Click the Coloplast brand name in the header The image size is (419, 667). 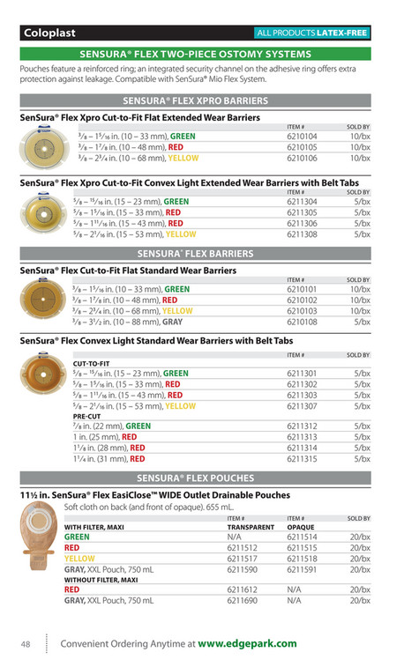(50, 33)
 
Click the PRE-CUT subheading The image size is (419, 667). (87, 416)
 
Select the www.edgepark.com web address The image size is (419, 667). (247, 644)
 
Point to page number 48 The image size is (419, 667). (26, 644)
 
